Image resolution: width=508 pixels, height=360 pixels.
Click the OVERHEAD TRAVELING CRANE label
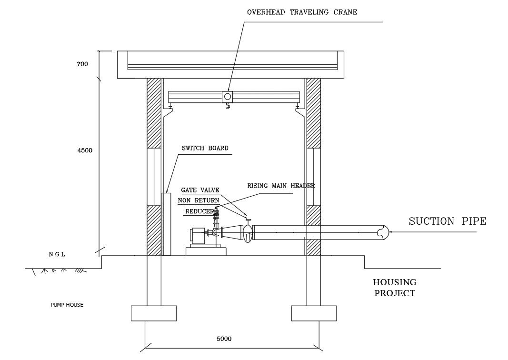point(301,12)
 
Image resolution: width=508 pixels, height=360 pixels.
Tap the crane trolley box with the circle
point(228,96)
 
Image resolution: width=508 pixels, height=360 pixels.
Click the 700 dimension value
point(82,64)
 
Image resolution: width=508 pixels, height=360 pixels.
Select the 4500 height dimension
point(85,150)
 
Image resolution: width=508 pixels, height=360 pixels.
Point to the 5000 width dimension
point(224,339)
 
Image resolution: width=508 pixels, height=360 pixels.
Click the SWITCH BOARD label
point(205,148)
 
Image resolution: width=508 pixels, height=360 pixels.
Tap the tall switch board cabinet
point(166,224)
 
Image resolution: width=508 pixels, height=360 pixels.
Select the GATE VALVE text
point(200,190)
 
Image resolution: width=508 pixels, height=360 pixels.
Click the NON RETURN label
point(199,200)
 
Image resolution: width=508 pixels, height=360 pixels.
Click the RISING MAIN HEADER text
point(281,186)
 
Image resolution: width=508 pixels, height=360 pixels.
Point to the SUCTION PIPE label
point(448,221)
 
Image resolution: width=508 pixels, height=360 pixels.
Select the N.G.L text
point(57,254)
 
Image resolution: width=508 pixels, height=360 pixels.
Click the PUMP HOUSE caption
point(67,305)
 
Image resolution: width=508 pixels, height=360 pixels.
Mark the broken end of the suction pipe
point(383,232)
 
